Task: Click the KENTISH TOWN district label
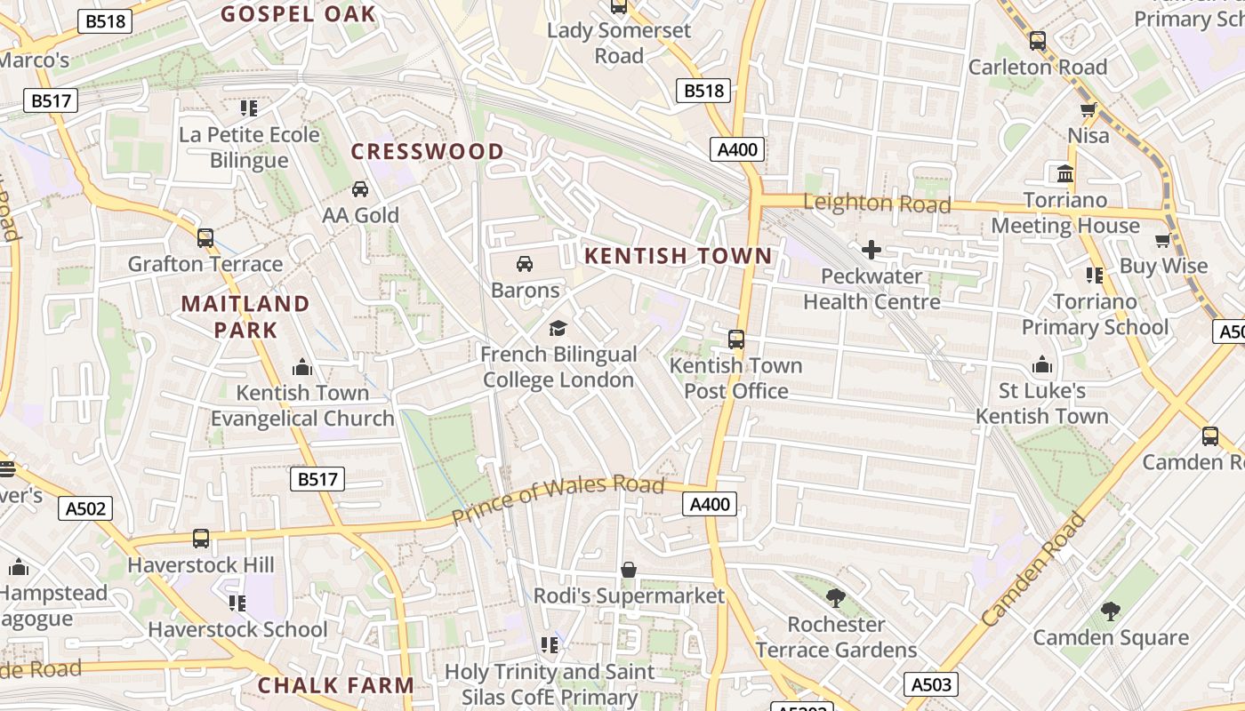678,256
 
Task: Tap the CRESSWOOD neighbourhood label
428,151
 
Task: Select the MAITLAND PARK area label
245,316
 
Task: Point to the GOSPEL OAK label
298,13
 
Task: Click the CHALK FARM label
335,685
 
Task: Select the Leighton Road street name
877,203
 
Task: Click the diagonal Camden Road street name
1033,569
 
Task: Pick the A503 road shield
932,684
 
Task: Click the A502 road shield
86,508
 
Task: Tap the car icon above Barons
525,264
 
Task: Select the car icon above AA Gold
360,189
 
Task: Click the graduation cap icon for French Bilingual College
558,329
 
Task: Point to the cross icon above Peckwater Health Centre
871,250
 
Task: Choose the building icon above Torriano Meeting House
1064,173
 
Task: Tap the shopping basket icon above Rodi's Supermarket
629,570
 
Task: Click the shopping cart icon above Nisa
1088,110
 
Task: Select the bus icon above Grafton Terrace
205,238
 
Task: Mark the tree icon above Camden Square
1110,611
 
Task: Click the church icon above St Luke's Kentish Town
1041,365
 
